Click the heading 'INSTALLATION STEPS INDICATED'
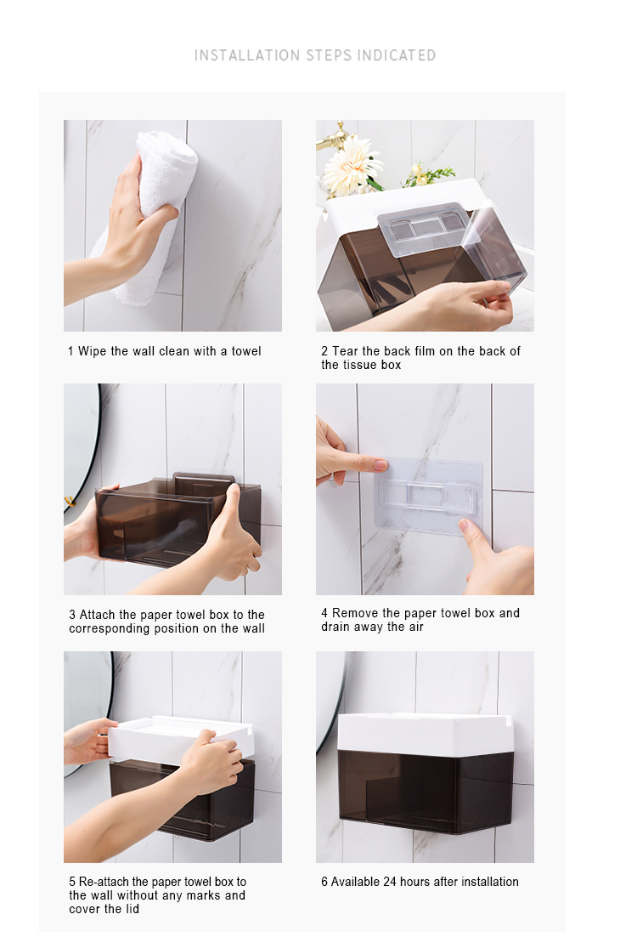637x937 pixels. [x=315, y=55]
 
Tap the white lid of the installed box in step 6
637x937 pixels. [x=425, y=732]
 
